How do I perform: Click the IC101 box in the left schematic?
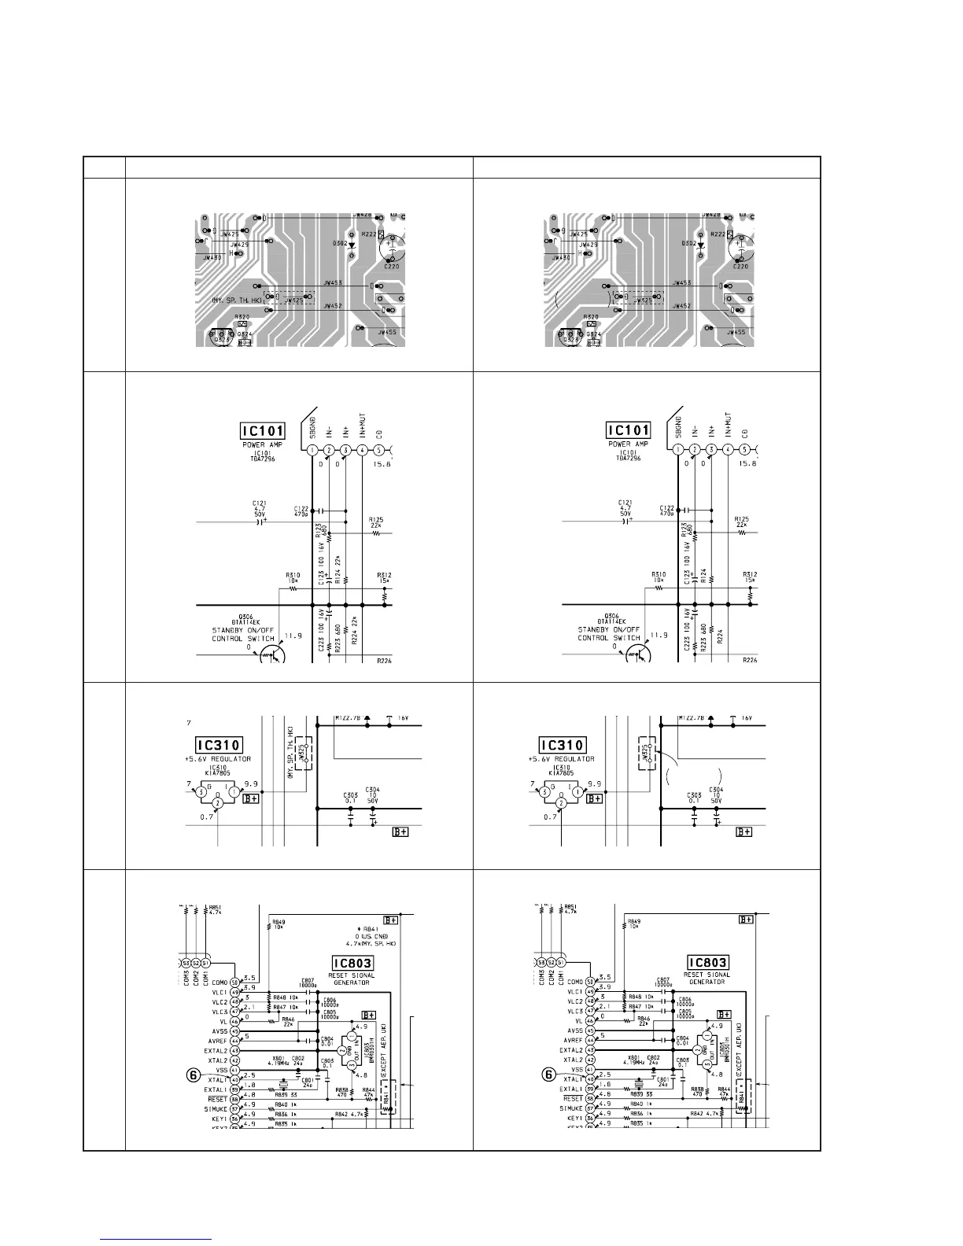pos(263,430)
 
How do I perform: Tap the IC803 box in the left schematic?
pos(351,962)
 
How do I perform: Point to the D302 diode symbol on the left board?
pos(350,245)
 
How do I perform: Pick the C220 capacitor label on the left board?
pos(390,267)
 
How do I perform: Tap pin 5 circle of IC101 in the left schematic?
pos(379,450)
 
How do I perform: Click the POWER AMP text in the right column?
pos(627,444)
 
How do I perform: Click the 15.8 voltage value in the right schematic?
pos(748,464)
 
